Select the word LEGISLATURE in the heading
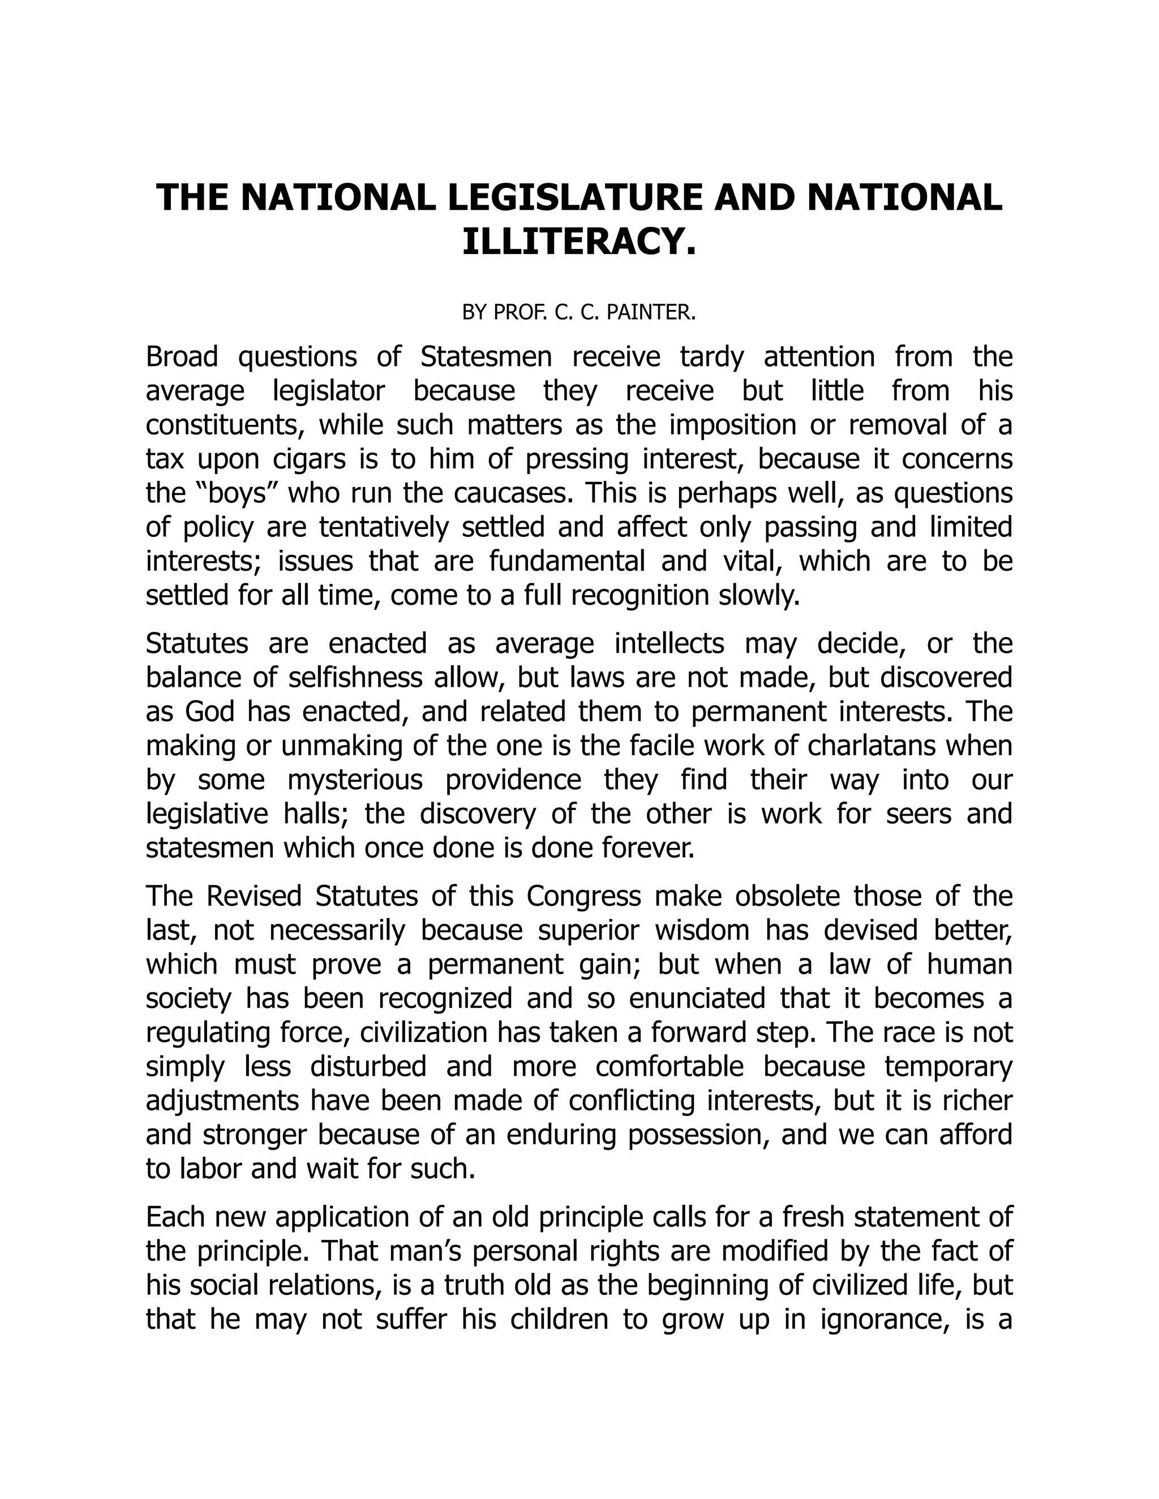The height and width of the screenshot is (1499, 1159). click(576, 197)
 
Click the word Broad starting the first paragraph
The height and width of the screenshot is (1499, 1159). click(182, 357)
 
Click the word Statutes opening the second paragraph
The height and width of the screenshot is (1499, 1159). click(197, 644)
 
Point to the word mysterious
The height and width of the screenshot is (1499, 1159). click(355, 781)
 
